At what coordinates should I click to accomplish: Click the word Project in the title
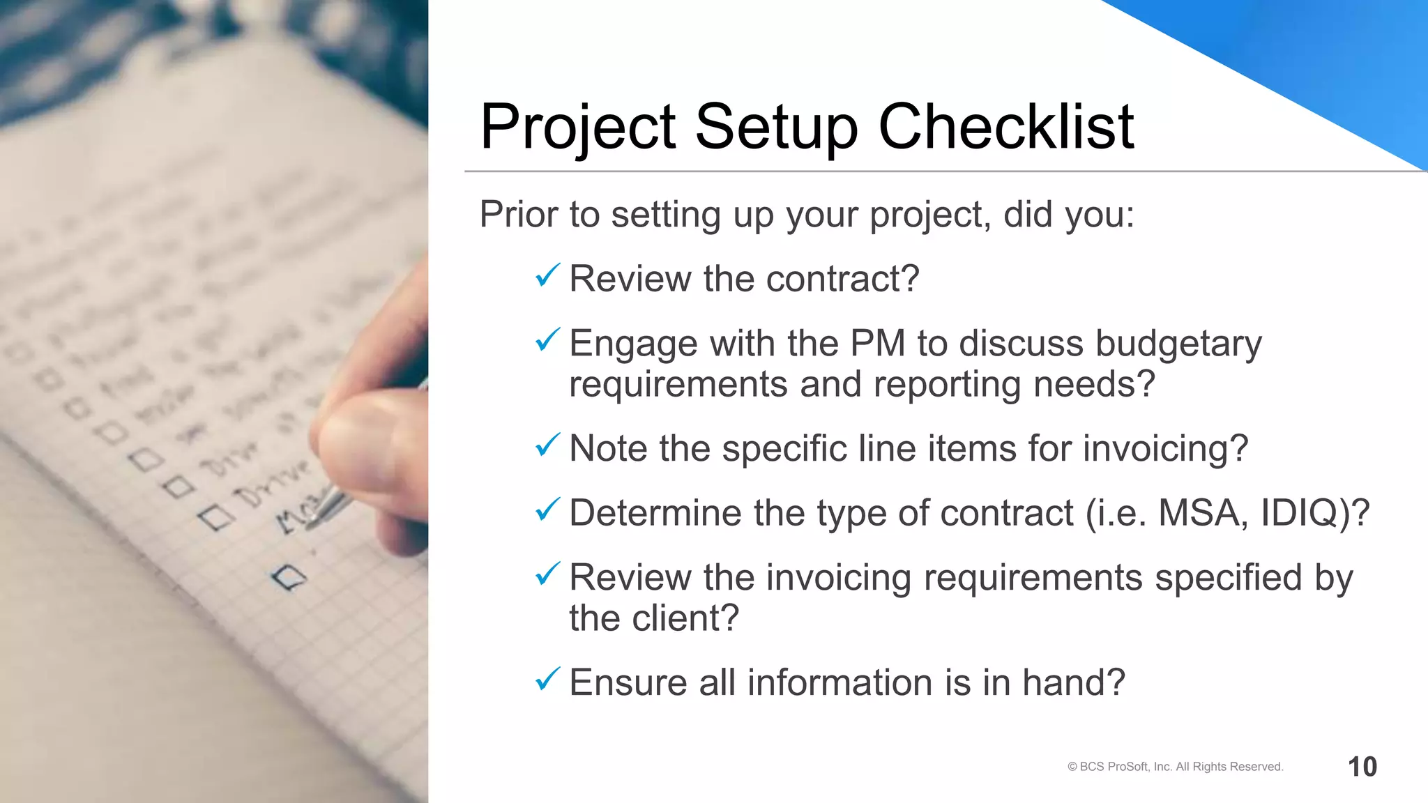coord(578,128)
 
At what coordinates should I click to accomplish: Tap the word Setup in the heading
coord(776,128)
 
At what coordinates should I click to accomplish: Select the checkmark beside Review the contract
coord(547,276)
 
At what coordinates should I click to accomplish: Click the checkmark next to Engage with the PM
coord(547,341)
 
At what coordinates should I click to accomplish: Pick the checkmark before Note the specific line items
coord(547,445)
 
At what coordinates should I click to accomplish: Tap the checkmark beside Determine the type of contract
coord(547,510)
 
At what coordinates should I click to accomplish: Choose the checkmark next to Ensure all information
coord(547,680)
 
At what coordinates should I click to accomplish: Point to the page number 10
coord(1362,767)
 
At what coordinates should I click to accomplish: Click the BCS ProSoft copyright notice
coord(1175,767)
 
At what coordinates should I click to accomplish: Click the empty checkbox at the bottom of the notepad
coord(289,577)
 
